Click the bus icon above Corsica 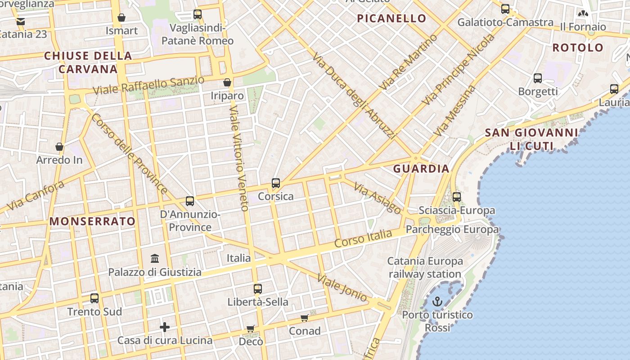click(276, 183)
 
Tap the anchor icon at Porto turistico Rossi click(437, 301)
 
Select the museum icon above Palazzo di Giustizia click(155, 259)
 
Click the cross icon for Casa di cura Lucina click(165, 327)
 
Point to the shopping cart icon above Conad click(305, 318)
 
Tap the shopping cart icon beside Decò click(251, 329)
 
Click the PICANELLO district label click(391, 18)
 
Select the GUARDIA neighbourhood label click(421, 169)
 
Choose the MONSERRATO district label click(92, 221)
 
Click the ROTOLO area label click(578, 48)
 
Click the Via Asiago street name click(377, 198)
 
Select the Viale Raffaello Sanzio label click(148, 85)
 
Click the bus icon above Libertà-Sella click(257, 289)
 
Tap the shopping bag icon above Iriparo click(227, 82)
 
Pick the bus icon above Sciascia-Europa click(457, 197)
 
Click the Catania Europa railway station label click(425, 267)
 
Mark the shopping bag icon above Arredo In click(59, 147)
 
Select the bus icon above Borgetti click(538, 78)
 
